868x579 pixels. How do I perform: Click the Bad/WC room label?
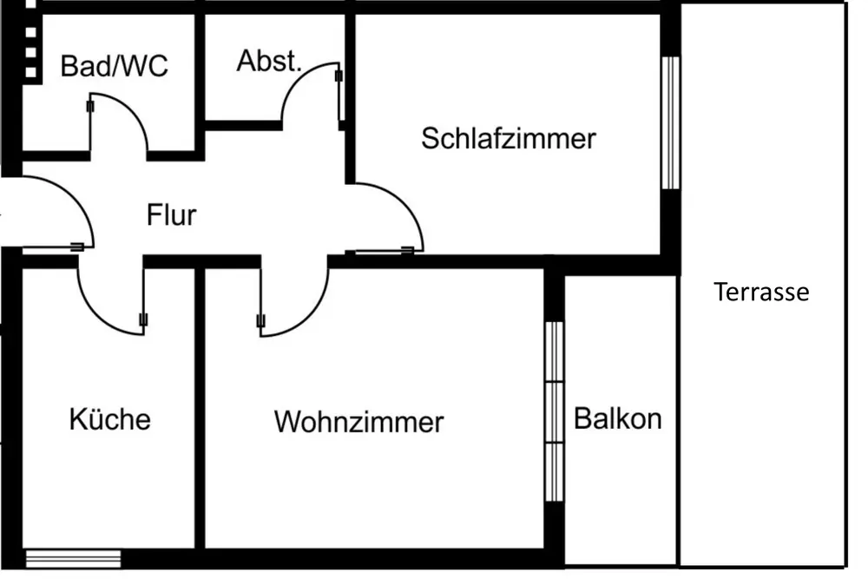(114, 66)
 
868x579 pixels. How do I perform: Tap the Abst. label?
(269, 62)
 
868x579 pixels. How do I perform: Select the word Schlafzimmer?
(509, 138)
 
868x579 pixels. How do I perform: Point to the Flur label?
(171, 214)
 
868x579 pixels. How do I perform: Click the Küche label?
(109, 419)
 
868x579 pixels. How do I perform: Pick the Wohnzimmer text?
(358, 423)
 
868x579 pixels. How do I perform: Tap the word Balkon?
(618, 418)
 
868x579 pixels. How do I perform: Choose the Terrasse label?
(761, 292)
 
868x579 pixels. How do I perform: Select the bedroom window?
(669, 122)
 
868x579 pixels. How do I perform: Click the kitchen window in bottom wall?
(60, 558)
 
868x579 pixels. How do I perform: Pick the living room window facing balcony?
(554, 411)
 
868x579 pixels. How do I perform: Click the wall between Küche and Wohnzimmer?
(200, 408)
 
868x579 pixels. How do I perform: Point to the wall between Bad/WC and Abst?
(200, 69)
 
